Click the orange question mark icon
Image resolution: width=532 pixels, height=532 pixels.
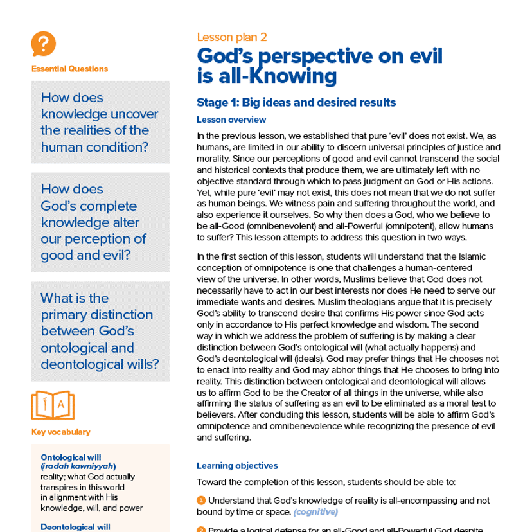click(x=43, y=44)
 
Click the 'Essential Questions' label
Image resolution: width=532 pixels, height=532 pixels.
click(x=69, y=69)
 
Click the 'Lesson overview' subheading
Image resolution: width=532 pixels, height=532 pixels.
click(x=231, y=120)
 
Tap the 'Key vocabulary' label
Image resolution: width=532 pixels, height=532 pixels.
click(x=61, y=432)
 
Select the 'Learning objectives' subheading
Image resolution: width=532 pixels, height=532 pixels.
click(x=237, y=466)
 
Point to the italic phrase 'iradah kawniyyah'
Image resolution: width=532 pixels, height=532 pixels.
click(x=78, y=466)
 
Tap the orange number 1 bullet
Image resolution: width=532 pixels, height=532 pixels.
click(x=201, y=500)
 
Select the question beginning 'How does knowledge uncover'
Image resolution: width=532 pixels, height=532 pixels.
click(x=100, y=122)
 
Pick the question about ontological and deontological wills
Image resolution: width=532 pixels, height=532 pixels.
click(x=100, y=331)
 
